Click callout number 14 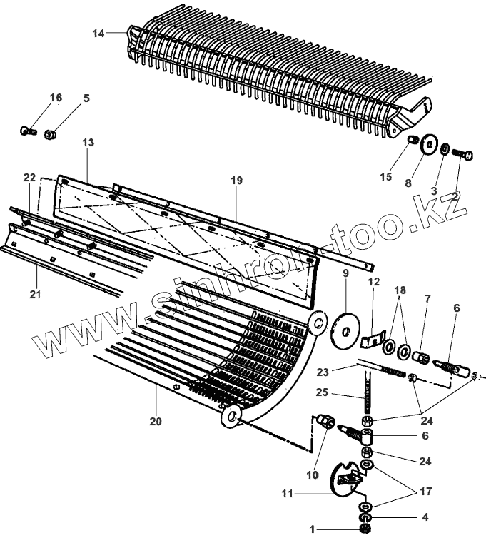(x=98, y=33)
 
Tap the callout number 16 (x=56, y=97)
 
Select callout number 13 (x=88, y=143)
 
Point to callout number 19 (x=237, y=181)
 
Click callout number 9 (x=345, y=273)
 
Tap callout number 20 (x=156, y=421)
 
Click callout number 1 (x=311, y=529)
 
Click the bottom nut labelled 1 (x=366, y=529)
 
